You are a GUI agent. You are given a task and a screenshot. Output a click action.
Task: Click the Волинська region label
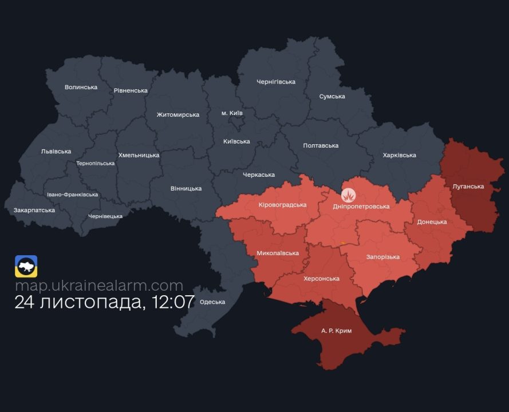81,88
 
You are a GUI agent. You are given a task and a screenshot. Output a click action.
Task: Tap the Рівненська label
131,91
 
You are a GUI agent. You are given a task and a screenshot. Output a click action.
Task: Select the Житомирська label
178,115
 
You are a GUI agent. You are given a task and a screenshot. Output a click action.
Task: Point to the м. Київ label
232,113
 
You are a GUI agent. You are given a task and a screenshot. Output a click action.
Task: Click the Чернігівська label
276,82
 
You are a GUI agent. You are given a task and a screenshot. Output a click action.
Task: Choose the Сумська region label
332,97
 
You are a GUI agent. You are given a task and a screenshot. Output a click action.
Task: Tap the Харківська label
400,155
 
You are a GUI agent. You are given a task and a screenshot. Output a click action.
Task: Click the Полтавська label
321,146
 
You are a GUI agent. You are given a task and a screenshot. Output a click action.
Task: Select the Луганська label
468,187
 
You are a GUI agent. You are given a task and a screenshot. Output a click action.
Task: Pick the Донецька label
432,222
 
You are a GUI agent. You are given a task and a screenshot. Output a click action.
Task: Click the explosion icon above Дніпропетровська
349,195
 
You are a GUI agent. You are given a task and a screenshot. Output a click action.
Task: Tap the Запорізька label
383,257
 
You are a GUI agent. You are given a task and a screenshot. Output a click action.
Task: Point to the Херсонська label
321,279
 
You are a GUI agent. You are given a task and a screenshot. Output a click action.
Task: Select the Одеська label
213,302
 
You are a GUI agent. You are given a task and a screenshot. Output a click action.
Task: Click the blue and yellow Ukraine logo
26,266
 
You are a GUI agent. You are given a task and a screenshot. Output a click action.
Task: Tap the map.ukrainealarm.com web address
99,286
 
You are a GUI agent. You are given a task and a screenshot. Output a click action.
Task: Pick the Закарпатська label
34,210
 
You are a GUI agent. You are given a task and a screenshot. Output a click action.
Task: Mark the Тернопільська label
96,164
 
